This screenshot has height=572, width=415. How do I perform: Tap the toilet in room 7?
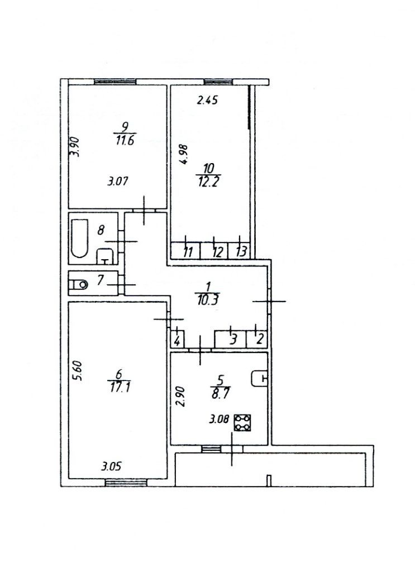click(x=77, y=284)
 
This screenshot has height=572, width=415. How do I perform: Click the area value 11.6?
click(x=123, y=140)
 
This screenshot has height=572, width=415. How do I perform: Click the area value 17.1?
click(x=116, y=385)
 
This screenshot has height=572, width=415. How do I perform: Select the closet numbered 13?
click(x=241, y=251)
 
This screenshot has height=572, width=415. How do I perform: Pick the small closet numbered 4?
click(x=177, y=340)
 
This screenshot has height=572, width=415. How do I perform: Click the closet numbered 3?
click(x=235, y=339)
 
